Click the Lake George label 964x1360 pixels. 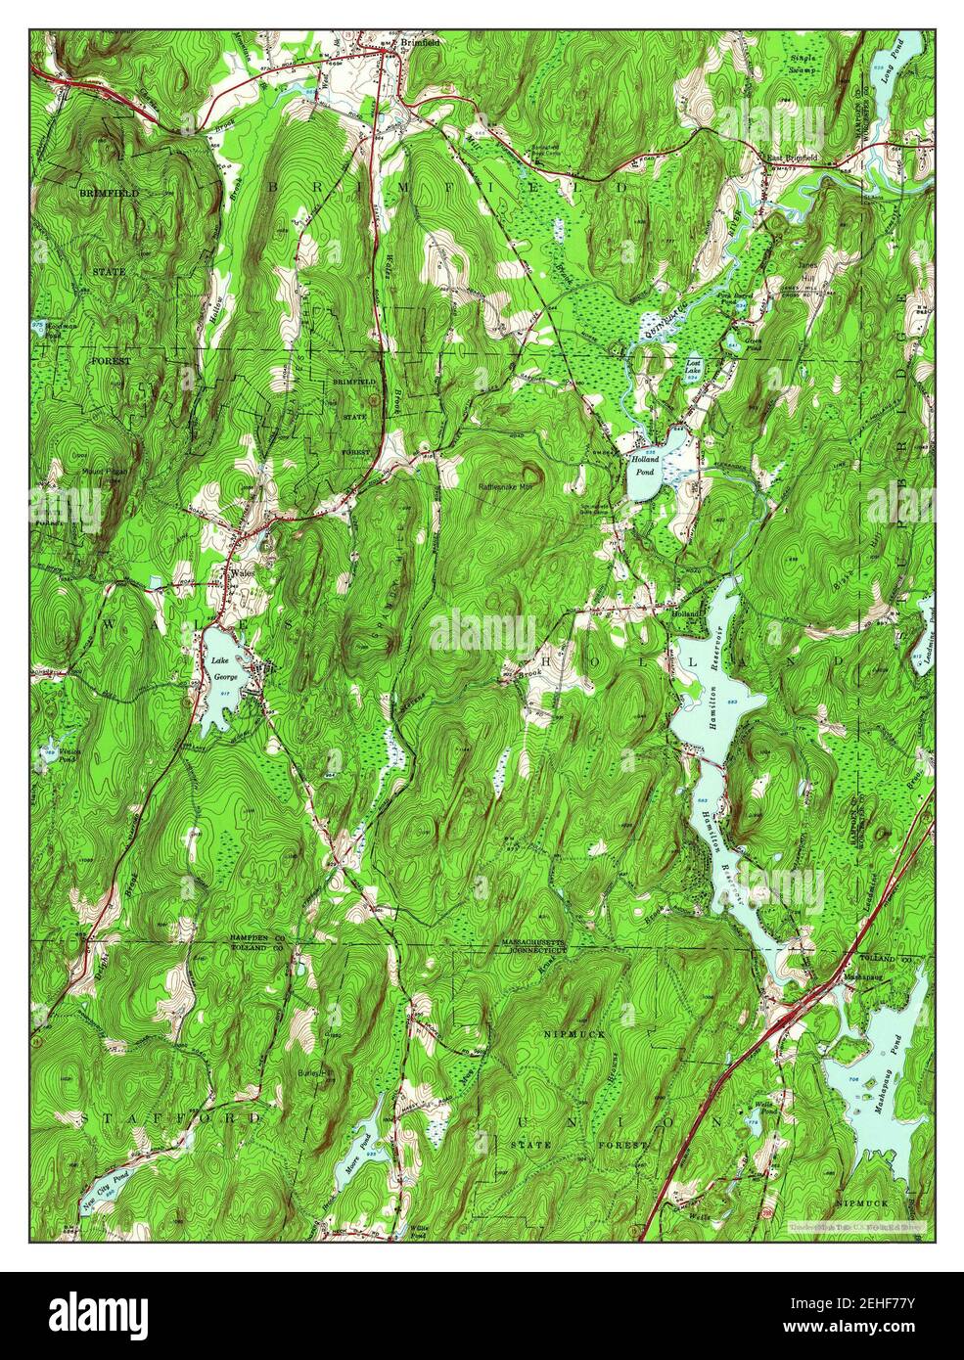(x=221, y=667)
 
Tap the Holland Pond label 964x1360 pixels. (x=645, y=463)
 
